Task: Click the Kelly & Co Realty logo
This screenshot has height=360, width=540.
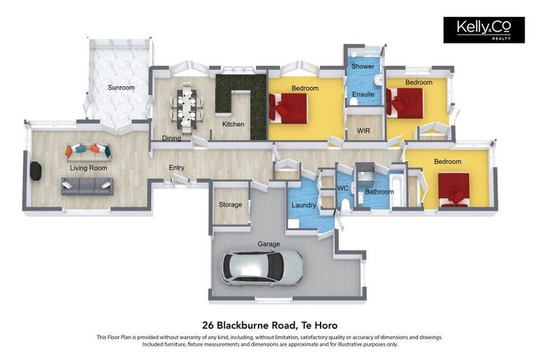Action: coord(483,30)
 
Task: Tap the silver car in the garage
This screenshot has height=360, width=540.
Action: coord(262,267)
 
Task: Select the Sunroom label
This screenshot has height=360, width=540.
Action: coord(121,88)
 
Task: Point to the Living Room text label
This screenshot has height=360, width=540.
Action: coord(88,169)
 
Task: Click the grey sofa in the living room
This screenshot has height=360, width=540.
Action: coord(87,186)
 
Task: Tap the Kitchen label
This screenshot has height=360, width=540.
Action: coord(233,124)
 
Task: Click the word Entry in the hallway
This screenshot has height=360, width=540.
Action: coord(176,167)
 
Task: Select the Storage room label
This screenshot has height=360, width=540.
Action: coord(230,205)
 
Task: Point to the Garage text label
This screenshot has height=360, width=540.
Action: coord(269,244)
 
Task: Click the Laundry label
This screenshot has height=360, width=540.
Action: coord(303,205)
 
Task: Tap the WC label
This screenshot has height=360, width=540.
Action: coord(343,188)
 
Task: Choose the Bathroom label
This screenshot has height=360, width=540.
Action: coord(379,191)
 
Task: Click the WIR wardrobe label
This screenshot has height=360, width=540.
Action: coord(364,131)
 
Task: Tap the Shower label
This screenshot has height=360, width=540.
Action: coord(363,67)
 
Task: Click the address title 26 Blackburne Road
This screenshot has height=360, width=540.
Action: coord(269,325)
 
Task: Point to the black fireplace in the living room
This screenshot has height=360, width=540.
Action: coord(34,171)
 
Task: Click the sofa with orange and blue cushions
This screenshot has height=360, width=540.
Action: coord(89,150)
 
